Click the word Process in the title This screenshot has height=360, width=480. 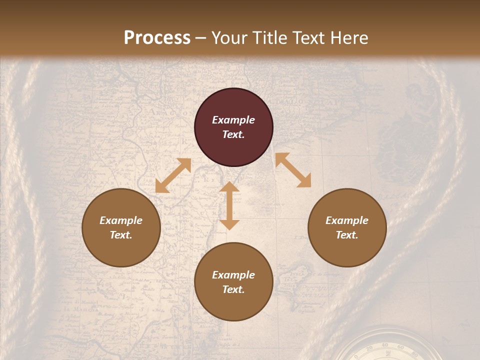(157, 38)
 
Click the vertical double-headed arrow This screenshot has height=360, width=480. (229, 205)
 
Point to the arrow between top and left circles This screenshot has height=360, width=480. (173, 175)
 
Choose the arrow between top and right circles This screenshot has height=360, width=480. (293, 170)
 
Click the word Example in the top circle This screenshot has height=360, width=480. (233, 120)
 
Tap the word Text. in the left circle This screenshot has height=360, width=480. (121, 235)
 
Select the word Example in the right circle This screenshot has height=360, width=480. (347, 220)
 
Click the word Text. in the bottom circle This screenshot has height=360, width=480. (233, 289)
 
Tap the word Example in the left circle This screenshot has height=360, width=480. (121, 220)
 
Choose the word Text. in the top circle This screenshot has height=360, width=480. (233, 134)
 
